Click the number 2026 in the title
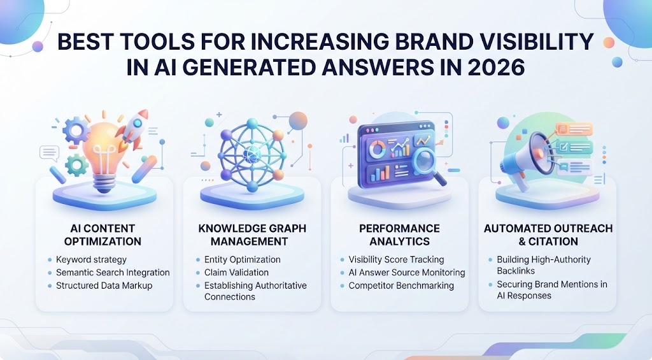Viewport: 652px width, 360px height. click(x=496, y=67)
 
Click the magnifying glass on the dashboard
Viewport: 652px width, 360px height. click(x=429, y=166)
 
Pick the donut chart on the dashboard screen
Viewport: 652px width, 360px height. click(x=377, y=149)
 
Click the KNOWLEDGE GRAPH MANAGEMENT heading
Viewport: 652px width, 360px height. click(x=252, y=234)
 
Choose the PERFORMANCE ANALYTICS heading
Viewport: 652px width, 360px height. click(x=400, y=234)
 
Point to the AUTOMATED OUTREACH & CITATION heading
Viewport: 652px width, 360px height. click(x=548, y=234)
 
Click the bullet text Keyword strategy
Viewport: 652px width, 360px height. click(x=91, y=260)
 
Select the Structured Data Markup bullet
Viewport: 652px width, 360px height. click(x=104, y=285)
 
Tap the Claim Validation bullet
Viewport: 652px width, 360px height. click(x=236, y=273)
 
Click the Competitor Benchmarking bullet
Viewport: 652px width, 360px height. click(x=401, y=285)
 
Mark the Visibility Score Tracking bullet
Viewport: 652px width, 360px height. click(x=396, y=260)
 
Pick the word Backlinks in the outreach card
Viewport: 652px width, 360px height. click(x=516, y=271)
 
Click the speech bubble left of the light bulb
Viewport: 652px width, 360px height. click(x=49, y=153)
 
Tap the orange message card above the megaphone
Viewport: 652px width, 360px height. click(x=574, y=129)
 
